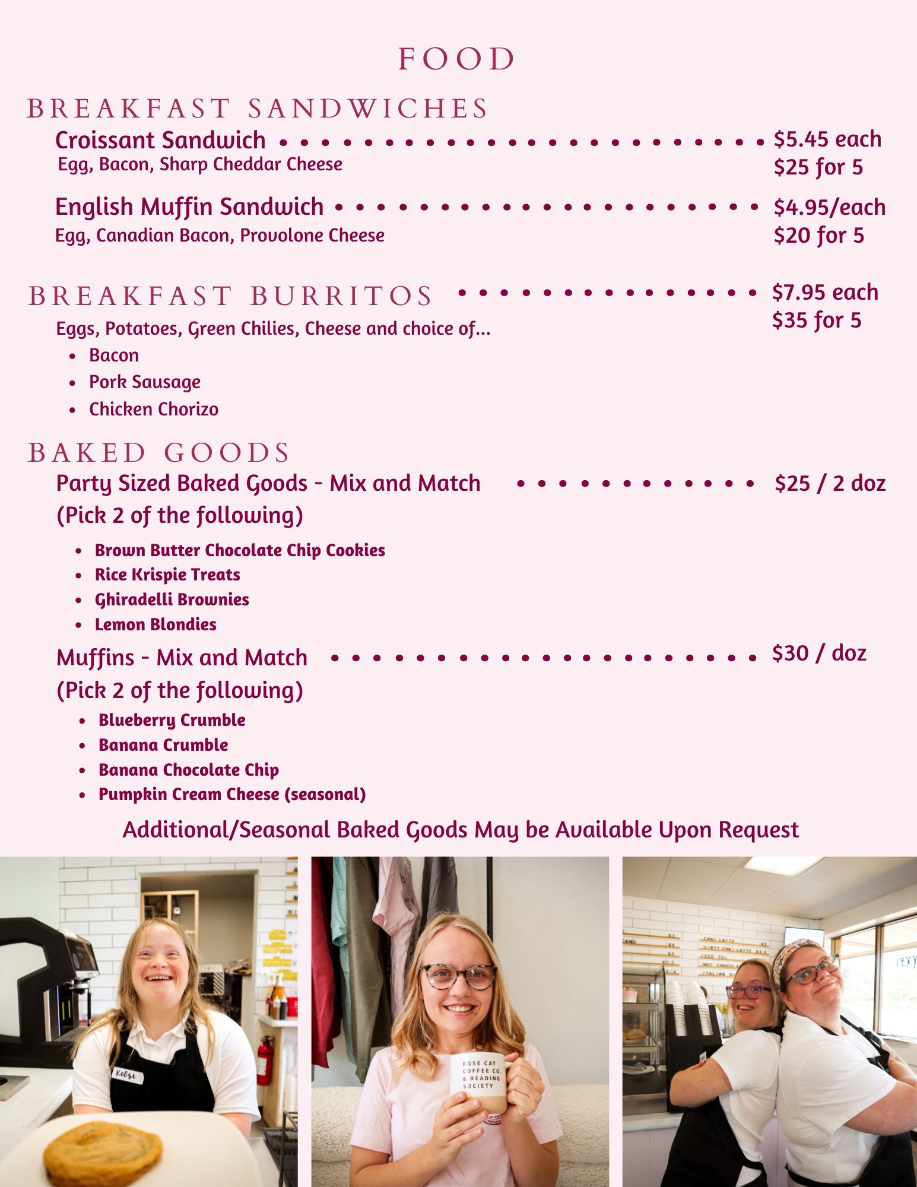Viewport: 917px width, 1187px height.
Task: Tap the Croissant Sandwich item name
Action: tap(160, 141)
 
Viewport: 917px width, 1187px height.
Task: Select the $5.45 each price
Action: tap(827, 139)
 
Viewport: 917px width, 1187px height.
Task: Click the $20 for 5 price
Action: tap(818, 236)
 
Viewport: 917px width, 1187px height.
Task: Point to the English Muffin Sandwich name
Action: tap(189, 207)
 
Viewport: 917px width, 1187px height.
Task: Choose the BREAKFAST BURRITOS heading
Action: tap(230, 296)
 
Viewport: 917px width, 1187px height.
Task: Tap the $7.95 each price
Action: tap(825, 293)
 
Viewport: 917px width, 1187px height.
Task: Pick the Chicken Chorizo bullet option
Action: tap(154, 410)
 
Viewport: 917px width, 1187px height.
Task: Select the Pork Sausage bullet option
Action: tap(145, 382)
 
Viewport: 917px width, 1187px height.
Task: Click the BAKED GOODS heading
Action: tap(158, 453)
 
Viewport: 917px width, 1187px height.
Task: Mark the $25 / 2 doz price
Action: tap(830, 484)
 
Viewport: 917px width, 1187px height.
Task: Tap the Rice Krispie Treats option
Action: tap(167, 575)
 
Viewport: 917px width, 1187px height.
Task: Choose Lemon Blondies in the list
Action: tap(156, 625)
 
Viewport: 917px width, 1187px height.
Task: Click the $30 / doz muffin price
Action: tap(819, 653)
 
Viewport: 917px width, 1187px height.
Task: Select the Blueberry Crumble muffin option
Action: tap(172, 721)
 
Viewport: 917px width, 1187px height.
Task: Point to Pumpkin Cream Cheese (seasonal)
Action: tap(232, 795)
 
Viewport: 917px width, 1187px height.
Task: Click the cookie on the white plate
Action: tap(103, 1153)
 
